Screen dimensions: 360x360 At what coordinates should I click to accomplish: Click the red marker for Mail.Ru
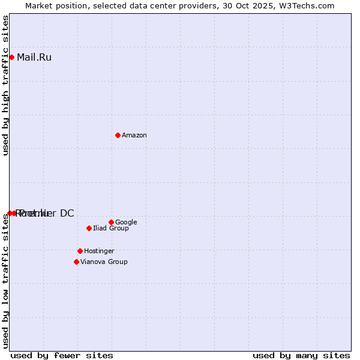[11, 58]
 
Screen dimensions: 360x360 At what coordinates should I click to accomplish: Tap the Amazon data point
[118, 135]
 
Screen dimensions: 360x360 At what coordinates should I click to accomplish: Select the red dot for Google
[111, 222]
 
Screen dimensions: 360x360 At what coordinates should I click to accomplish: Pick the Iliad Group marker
[89, 228]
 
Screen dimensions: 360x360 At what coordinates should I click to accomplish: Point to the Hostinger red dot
[80, 251]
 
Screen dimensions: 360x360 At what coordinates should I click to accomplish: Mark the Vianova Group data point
[76, 262]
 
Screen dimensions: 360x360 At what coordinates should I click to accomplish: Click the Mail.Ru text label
[34, 58]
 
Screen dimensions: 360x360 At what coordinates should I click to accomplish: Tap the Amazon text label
[134, 136]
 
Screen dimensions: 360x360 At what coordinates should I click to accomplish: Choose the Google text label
[126, 223]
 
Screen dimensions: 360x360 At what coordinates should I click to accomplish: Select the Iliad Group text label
[111, 229]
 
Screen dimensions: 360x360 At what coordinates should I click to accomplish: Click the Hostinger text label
[99, 251]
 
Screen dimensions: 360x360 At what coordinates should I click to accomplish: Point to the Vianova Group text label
[104, 262]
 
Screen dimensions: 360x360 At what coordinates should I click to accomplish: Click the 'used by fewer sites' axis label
[62, 355]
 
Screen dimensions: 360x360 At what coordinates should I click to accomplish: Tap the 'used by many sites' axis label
[301, 355]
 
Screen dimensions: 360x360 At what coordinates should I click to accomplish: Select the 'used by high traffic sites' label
[5, 85]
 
